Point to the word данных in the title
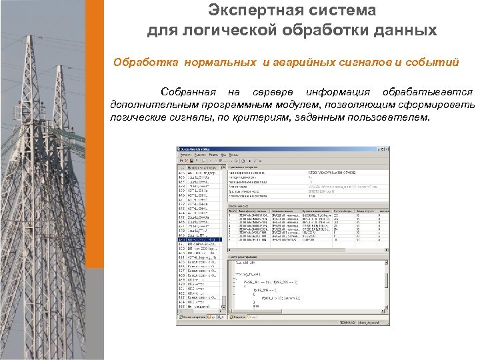coord(404,31)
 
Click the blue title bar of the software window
coord(267,149)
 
